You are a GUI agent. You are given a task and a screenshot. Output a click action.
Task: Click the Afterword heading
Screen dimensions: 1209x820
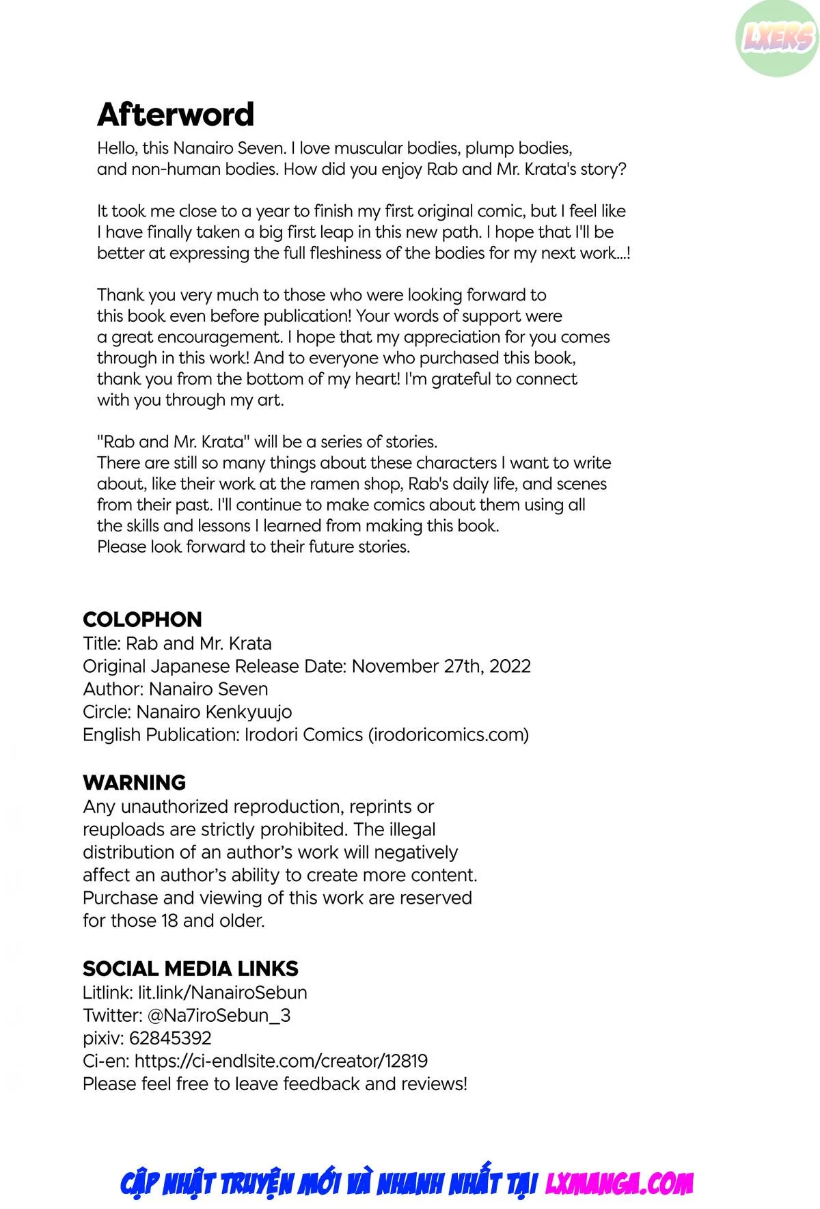(x=176, y=114)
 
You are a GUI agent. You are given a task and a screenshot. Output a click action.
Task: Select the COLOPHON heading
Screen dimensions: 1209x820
(x=142, y=620)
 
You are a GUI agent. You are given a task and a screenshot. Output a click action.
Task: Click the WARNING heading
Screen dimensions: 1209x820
(x=134, y=783)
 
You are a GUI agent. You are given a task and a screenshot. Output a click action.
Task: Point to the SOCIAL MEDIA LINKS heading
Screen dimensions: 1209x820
(x=190, y=969)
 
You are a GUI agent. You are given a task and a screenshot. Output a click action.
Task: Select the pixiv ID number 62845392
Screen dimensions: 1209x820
(x=169, y=1038)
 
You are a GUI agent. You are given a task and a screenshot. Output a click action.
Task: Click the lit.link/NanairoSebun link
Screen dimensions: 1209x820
(x=222, y=992)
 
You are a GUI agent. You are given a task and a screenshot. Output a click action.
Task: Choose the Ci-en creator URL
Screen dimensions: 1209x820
(x=281, y=1061)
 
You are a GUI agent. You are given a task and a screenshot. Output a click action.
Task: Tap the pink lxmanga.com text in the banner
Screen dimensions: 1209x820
(x=619, y=1183)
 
